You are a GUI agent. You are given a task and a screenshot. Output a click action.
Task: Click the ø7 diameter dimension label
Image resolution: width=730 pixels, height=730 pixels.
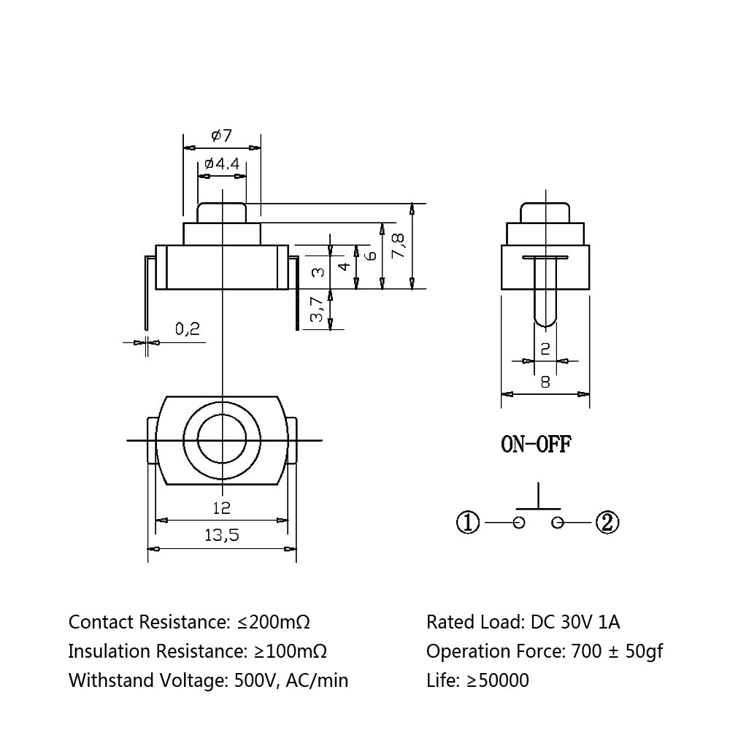coord(222,136)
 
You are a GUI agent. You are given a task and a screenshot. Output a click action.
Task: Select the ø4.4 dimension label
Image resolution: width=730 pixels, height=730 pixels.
coord(222,164)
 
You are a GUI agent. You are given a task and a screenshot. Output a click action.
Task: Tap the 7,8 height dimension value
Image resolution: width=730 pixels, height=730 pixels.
coord(399,246)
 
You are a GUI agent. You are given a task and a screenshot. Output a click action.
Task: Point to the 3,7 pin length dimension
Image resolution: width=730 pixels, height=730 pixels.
coord(317,309)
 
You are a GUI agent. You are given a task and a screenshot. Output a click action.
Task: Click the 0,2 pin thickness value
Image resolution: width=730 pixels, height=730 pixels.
coord(188,329)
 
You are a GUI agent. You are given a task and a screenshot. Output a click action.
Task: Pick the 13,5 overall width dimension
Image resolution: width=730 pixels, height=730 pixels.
coord(222,535)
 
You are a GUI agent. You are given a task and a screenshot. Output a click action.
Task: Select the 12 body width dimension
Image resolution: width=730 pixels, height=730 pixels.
coord(222,508)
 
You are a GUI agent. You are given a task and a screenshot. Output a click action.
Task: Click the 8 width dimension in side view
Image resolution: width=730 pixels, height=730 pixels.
coord(545,383)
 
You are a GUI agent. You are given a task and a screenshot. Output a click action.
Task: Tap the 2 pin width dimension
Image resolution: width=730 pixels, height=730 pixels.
coord(545,348)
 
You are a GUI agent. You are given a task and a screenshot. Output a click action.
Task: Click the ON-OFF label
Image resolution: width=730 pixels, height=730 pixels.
coord(536,444)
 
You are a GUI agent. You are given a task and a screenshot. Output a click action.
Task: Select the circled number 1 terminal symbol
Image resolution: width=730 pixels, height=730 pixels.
coord(468,523)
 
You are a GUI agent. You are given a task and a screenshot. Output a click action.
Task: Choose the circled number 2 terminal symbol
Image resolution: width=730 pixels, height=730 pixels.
coord(607,523)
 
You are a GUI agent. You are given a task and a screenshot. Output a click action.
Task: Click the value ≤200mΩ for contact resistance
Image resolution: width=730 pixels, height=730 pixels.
coord(274,622)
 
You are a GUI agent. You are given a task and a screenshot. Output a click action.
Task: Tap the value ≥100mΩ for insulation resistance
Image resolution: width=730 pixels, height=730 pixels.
coord(291,651)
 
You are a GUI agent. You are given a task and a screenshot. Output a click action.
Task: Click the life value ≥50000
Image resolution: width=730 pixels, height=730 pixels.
coord(498,680)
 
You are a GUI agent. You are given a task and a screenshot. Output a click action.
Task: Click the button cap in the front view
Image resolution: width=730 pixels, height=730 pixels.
coord(222,212)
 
